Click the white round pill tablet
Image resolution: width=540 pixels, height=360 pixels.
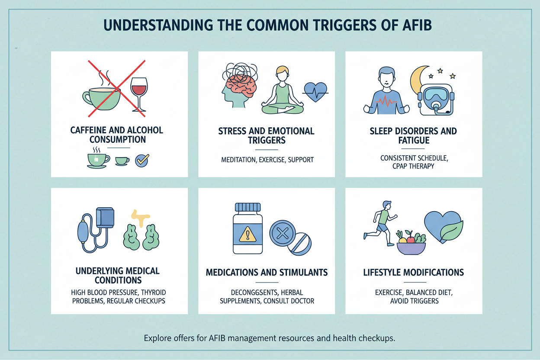tap(299, 245)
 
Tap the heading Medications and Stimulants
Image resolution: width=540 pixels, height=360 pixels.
tap(267, 273)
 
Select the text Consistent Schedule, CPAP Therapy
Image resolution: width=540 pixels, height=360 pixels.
tap(414, 161)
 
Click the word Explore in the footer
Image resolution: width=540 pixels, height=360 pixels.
tap(157, 338)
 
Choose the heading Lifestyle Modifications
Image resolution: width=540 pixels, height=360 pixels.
tap(414, 273)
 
